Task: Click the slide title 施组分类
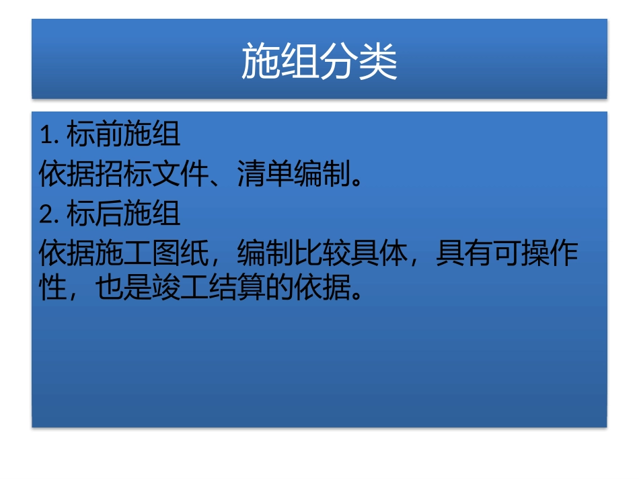pyautogui.click(x=319, y=62)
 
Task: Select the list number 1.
pyautogui.click(x=46, y=136)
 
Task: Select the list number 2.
pyautogui.click(x=46, y=215)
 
